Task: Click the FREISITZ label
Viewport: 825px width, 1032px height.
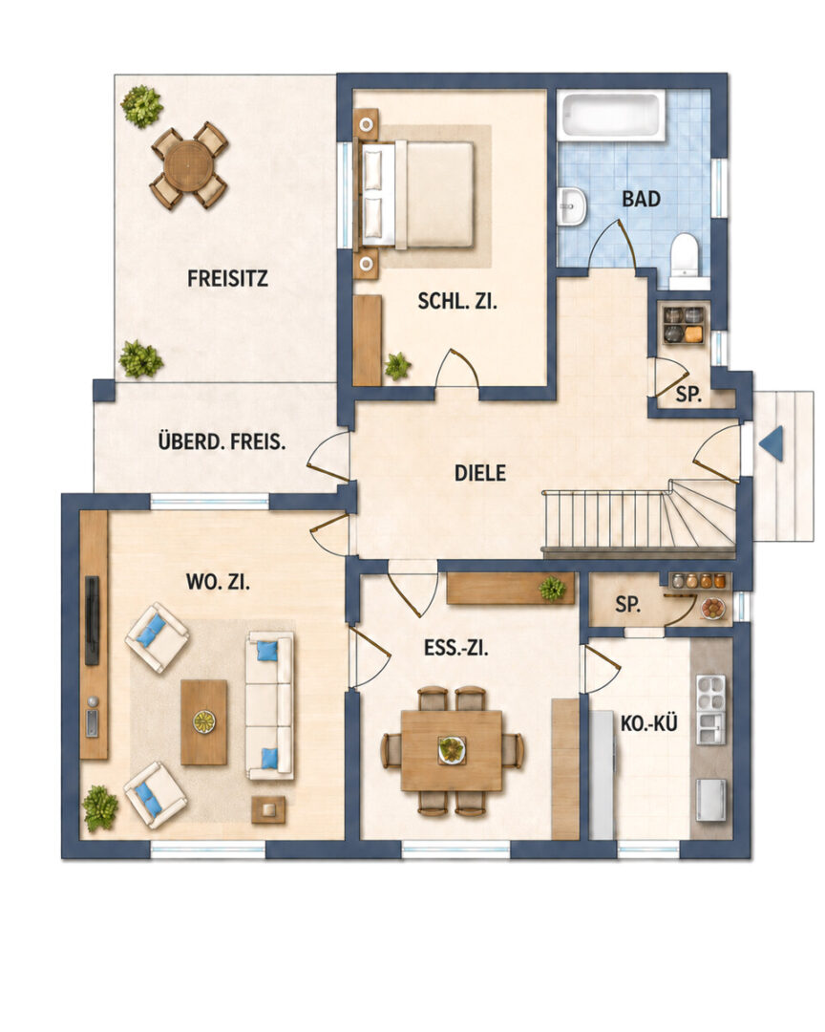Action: (227, 278)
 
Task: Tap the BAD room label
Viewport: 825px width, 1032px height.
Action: (641, 199)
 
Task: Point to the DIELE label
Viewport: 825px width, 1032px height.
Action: (480, 473)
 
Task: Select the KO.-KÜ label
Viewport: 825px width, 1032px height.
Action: (648, 723)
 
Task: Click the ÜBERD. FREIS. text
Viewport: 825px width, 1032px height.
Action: (222, 441)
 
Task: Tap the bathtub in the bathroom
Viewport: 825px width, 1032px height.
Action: (611, 116)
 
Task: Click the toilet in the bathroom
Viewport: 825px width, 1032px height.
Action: (685, 257)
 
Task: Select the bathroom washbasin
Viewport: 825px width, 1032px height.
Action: (572, 206)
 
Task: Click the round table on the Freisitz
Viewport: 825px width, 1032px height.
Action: (189, 166)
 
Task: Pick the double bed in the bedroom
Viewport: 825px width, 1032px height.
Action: (418, 195)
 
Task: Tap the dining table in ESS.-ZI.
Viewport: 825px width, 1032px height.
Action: (452, 750)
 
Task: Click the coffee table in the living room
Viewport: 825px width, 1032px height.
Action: (204, 722)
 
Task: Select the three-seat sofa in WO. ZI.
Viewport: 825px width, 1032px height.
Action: (269, 705)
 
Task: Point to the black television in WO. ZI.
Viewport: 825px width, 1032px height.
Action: (92, 621)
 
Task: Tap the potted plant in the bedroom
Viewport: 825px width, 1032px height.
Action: (397, 366)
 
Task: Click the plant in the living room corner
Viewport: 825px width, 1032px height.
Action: (100, 808)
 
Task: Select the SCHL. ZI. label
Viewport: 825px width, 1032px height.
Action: (458, 301)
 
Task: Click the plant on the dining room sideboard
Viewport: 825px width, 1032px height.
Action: (552, 588)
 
